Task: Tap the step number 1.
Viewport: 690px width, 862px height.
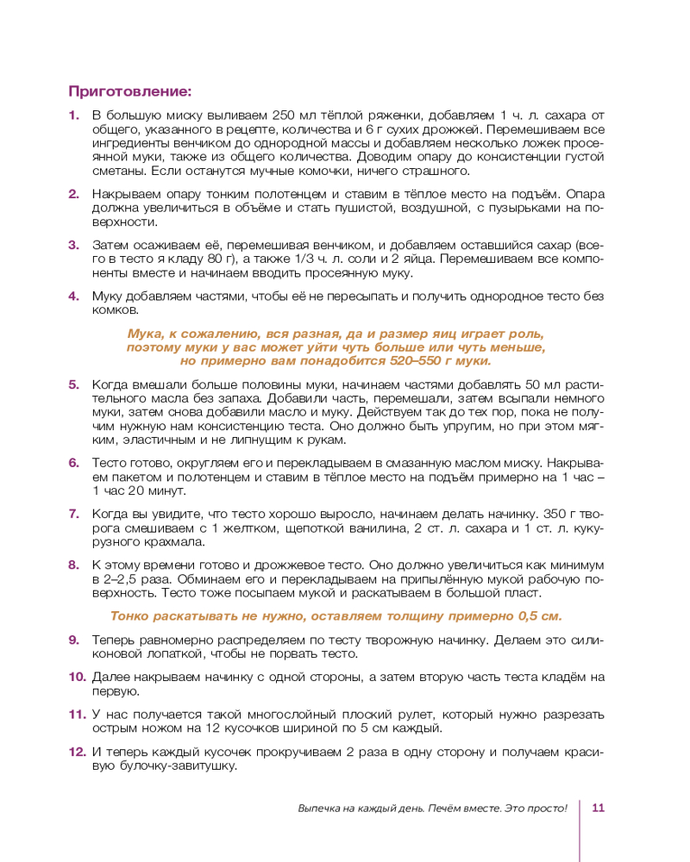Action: [x=74, y=116]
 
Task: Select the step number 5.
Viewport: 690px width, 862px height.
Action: [x=74, y=385]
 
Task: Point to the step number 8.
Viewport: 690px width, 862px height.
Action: [x=74, y=565]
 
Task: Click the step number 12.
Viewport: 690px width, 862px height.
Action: [x=78, y=752]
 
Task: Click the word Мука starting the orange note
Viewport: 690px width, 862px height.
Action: [x=143, y=334]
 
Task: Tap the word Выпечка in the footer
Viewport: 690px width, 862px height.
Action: [x=321, y=809]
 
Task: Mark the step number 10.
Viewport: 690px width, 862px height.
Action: [x=78, y=677]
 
